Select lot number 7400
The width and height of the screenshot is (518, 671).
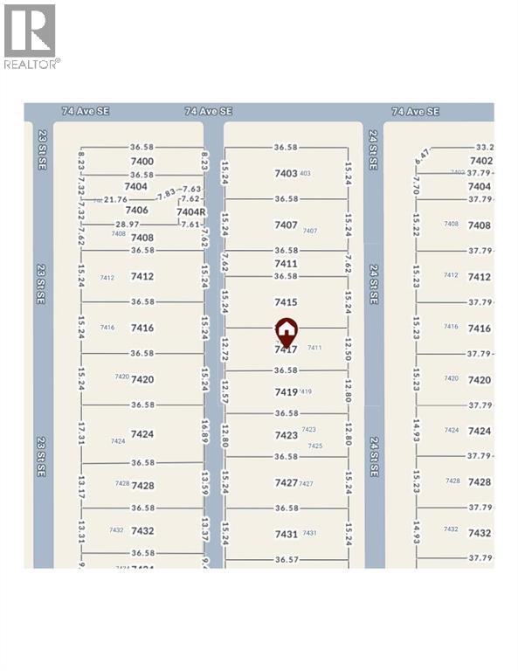click(x=142, y=162)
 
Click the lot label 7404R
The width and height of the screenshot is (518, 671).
click(x=190, y=211)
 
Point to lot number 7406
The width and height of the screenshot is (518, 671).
click(x=136, y=211)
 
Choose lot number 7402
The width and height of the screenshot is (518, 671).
click(x=480, y=161)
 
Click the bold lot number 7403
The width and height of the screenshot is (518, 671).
click(x=286, y=174)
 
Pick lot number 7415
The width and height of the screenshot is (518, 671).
click(x=286, y=302)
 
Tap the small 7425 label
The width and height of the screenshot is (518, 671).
click(x=315, y=446)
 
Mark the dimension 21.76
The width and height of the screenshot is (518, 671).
click(x=115, y=200)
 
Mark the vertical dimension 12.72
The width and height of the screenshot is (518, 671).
click(x=224, y=351)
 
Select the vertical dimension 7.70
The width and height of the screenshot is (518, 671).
click(x=417, y=186)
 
